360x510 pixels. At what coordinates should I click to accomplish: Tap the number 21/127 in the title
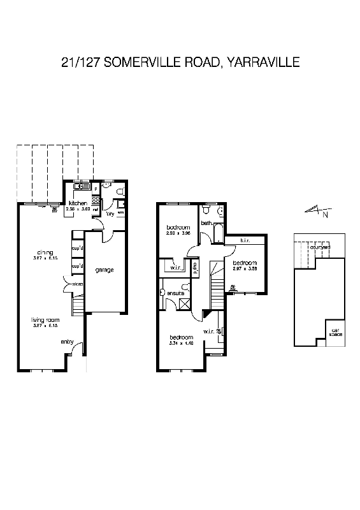(80, 62)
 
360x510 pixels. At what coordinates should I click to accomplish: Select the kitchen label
(78, 203)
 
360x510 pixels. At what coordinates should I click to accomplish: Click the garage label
(104, 270)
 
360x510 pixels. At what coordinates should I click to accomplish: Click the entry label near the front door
(67, 342)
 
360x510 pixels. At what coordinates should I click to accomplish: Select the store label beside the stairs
(78, 284)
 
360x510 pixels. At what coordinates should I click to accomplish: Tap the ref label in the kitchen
(96, 209)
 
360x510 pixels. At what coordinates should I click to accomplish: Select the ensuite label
(176, 293)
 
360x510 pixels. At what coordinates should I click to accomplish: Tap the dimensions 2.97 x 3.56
(245, 269)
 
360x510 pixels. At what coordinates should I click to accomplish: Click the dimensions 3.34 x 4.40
(180, 343)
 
